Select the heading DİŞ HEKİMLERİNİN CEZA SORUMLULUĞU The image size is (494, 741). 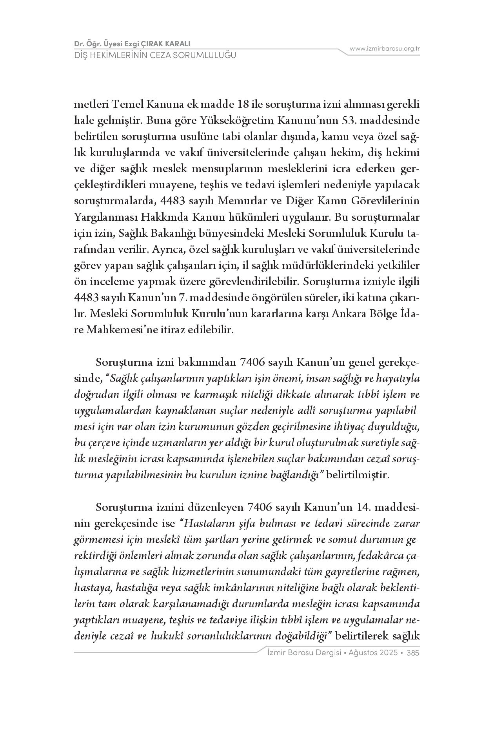[x=155, y=55]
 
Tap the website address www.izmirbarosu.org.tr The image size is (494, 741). [x=385, y=49]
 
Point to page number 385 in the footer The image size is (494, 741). [x=414, y=653]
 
